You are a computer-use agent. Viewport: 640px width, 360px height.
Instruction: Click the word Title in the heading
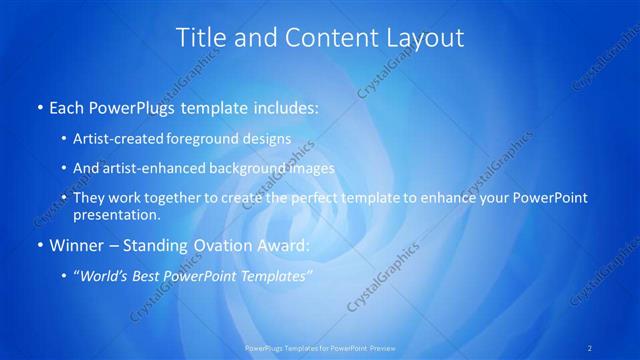[199, 38]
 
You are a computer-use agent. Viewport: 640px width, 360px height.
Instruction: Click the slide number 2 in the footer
[590, 348]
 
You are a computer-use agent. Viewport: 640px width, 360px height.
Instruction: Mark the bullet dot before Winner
[39, 244]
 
